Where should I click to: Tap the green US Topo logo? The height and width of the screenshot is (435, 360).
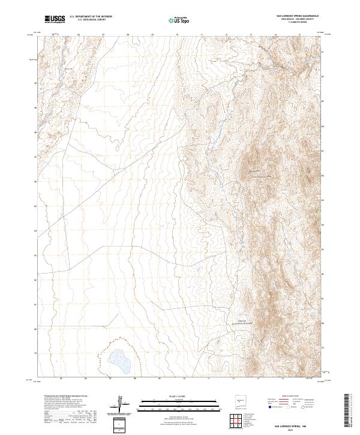180,19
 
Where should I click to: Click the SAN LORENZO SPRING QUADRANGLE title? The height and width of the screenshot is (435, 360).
297,16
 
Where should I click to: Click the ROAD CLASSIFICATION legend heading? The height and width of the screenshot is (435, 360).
290,397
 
